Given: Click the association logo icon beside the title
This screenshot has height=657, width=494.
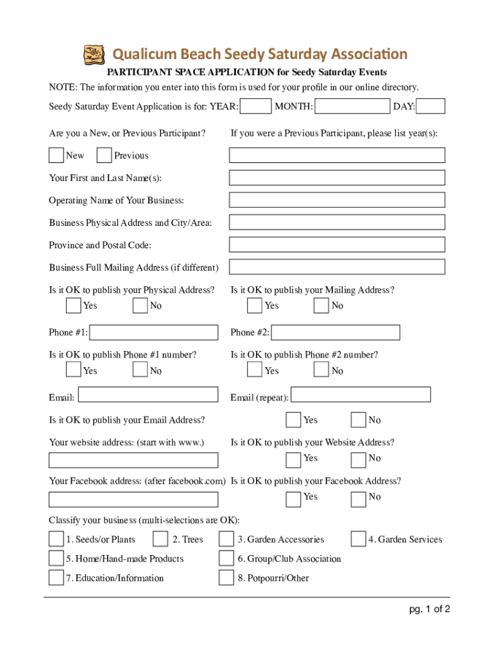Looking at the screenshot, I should (x=94, y=55).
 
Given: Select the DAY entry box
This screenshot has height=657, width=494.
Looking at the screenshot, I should (x=434, y=107).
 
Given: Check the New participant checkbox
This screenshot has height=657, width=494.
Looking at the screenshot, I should (x=56, y=155).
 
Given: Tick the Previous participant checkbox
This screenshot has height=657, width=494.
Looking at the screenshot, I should (x=104, y=155).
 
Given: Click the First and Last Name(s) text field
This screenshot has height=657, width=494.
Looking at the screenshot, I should (x=337, y=178).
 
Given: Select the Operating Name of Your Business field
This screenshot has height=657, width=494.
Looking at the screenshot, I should (x=337, y=200).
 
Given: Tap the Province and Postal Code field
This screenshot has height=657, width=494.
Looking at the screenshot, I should (x=337, y=245).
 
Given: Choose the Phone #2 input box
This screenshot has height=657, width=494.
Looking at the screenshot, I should (x=336, y=332).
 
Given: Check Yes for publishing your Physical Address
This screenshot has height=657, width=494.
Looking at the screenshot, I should (x=73, y=305).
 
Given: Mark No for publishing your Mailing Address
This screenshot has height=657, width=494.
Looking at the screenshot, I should (x=321, y=305).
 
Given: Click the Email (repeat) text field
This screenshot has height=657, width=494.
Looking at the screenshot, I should (x=361, y=395).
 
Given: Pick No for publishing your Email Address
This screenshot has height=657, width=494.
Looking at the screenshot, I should (x=359, y=420).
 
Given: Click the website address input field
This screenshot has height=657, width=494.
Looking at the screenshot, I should (x=133, y=460).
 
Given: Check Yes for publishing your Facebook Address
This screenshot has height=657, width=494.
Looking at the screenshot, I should (x=293, y=499).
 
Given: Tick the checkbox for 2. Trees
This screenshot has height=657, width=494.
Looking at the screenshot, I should (x=160, y=539).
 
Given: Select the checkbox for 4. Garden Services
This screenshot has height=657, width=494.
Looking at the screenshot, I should (x=358, y=539).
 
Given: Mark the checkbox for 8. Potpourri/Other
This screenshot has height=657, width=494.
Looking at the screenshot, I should (x=226, y=577).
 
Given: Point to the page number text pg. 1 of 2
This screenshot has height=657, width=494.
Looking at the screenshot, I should (x=430, y=610).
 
